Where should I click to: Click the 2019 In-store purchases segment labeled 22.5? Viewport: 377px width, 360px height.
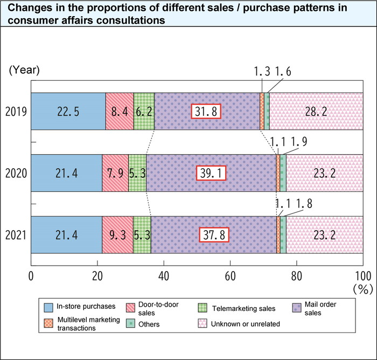(68, 112)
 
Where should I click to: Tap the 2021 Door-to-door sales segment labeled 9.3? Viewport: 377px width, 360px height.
(117, 235)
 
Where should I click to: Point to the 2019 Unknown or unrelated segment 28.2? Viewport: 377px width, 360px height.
(316, 112)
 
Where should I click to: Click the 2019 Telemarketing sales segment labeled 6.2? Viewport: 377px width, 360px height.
(144, 112)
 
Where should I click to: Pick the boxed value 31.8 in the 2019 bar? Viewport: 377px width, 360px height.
(207, 112)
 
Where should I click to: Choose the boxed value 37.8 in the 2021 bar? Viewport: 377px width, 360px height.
(214, 235)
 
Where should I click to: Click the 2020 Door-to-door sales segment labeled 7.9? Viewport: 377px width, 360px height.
(115, 173)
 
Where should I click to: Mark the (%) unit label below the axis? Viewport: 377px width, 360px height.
(363, 289)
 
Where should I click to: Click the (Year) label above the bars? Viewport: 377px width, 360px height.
(23, 70)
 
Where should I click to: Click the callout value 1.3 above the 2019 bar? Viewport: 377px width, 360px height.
(262, 72)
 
